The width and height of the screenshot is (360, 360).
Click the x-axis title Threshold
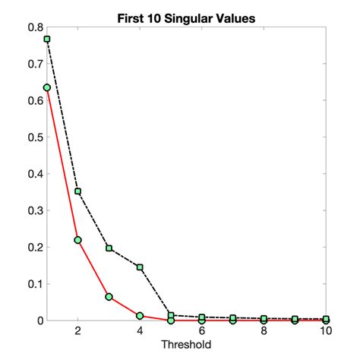point(186,344)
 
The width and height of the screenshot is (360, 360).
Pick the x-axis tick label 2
point(77,332)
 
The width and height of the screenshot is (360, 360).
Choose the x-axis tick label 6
point(202,332)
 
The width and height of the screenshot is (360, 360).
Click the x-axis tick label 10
point(326,332)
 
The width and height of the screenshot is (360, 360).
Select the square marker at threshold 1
point(47,39)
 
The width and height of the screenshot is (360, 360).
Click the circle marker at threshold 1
point(47,87)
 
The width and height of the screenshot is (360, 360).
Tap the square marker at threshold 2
point(77,191)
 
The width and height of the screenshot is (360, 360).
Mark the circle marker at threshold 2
point(77,240)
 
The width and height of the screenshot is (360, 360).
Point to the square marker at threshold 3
point(109,248)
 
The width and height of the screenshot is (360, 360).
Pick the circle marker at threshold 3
point(109,297)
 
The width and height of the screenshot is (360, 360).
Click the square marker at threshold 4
point(140,267)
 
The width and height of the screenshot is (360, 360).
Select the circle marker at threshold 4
point(140,315)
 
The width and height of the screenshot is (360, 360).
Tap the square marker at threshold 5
point(171,315)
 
